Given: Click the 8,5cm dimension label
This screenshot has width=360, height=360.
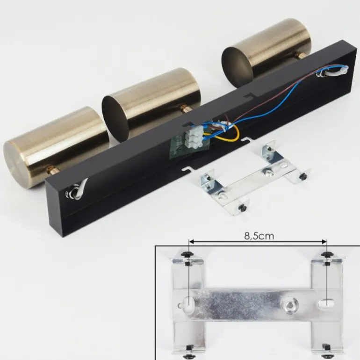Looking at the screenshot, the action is coord(259,236).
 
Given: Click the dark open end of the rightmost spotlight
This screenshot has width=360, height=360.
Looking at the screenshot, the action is coord(237,66).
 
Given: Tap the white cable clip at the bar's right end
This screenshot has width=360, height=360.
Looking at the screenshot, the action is coord(332,71).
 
